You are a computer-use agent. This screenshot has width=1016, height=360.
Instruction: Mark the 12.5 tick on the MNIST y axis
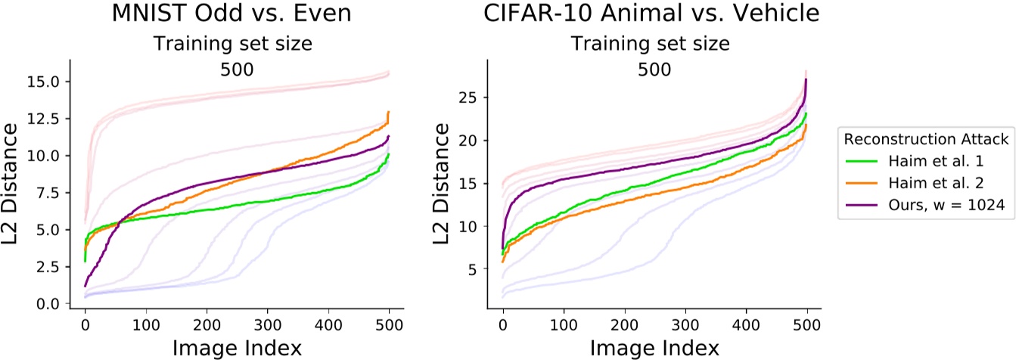pyautogui.click(x=50, y=119)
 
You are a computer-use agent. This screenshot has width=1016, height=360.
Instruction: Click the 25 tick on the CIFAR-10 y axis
pyautogui.click(x=474, y=97)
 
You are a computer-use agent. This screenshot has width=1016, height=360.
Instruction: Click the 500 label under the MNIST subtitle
pyautogui.click(x=236, y=69)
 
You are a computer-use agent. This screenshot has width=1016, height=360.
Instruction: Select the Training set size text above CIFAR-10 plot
pyautogui.click(x=651, y=43)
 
